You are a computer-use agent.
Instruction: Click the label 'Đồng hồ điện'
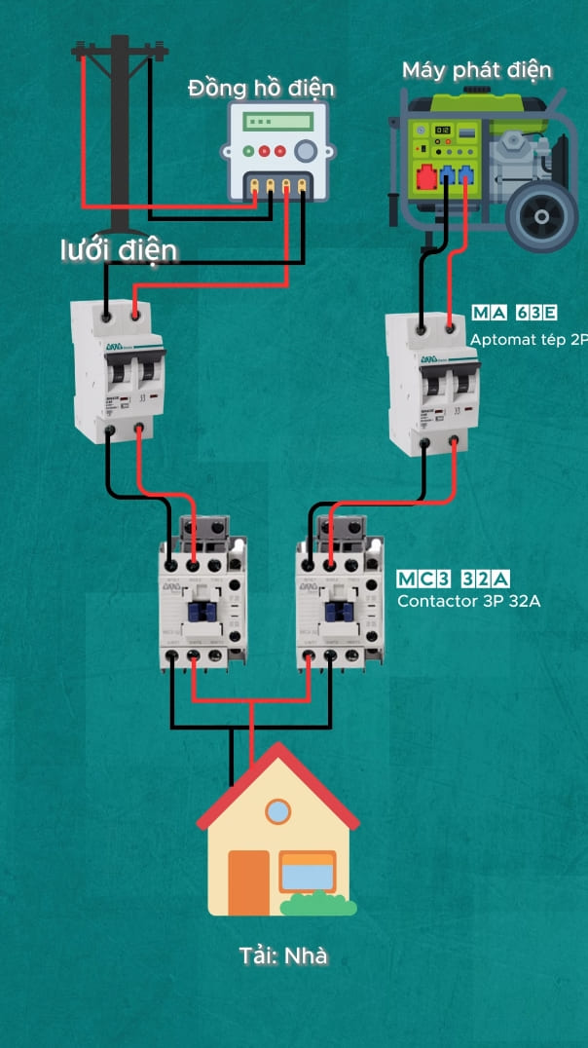[x=261, y=89]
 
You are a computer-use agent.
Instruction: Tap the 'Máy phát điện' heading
[x=477, y=70]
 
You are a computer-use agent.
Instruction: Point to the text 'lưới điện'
[x=119, y=250]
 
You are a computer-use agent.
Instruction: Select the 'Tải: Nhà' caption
[x=283, y=955]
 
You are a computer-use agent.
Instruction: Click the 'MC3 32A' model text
[x=454, y=580]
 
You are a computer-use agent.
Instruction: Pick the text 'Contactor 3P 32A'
[x=468, y=601]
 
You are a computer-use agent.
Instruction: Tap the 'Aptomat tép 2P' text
[x=529, y=340]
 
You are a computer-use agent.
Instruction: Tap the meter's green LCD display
[x=278, y=122]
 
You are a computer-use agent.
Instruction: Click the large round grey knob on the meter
[x=307, y=150]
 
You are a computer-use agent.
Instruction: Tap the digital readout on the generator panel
[x=442, y=130]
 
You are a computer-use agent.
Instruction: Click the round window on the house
[x=278, y=810]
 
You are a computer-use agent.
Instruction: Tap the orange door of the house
[x=248, y=882]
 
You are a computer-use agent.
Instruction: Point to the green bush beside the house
[x=318, y=905]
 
